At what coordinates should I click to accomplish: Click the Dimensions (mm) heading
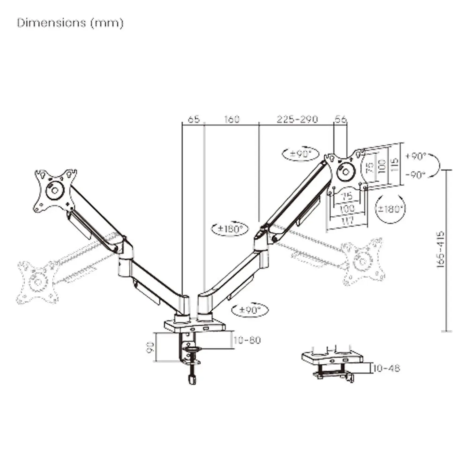point(70,23)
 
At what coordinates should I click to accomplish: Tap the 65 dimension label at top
point(194,119)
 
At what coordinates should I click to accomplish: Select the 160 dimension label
point(231,119)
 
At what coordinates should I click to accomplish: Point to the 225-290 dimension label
point(297,119)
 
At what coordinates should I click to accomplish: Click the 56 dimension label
point(341,119)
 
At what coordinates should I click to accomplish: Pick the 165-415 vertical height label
point(440,249)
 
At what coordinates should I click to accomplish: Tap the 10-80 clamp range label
point(247,340)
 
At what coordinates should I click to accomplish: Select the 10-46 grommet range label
point(386,368)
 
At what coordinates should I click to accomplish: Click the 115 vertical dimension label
point(394,164)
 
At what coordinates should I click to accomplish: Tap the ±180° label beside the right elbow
point(230,229)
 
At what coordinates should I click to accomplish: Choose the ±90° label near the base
point(250,310)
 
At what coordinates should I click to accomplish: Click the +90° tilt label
point(416,156)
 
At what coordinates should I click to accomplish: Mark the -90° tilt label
point(416,175)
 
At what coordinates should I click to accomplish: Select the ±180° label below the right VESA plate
point(390,209)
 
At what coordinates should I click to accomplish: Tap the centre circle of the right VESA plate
point(344,171)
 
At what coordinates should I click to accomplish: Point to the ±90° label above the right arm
point(301,154)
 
